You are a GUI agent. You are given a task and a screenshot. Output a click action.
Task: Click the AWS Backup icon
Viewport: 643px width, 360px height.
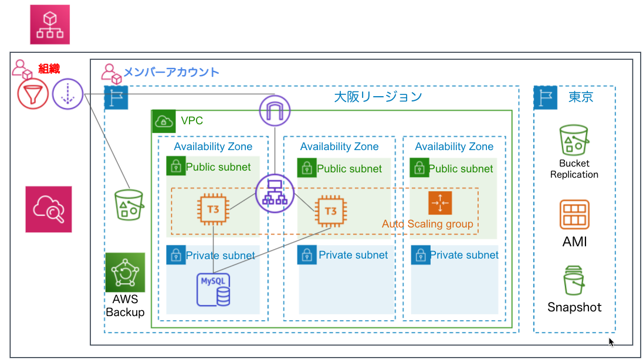[125, 272]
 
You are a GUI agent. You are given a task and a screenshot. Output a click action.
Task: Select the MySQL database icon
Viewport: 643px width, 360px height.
[213, 290]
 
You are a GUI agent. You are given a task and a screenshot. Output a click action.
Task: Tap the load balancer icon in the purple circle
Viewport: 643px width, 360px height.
[275, 193]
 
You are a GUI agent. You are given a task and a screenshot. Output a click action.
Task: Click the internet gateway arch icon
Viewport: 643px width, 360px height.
[275, 111]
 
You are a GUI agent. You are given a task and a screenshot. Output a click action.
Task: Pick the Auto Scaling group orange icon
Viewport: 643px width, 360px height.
[440, 202]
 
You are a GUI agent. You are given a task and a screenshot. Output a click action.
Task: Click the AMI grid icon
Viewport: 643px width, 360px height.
[574, 215]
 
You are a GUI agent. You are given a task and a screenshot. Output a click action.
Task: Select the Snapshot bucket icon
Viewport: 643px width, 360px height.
[574, 280]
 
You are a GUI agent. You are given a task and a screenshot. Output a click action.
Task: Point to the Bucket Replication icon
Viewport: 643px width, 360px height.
[574, 140]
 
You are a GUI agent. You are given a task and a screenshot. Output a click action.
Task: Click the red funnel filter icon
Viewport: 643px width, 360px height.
[33, 94]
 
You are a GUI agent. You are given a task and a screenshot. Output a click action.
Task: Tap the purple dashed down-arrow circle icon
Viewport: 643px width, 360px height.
[67, 94]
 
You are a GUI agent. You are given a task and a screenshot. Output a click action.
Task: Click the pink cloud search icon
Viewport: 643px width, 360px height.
[48, 209]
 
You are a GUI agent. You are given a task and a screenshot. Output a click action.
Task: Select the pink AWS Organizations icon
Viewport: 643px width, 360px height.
[50, 25]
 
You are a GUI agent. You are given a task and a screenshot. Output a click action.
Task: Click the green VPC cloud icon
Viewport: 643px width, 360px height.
[164, 121]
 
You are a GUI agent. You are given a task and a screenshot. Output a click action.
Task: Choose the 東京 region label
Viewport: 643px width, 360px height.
[581, 97]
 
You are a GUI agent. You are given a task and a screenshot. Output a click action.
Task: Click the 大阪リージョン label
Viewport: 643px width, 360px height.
[378, 97]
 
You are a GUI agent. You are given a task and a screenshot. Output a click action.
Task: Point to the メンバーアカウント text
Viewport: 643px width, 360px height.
[171, 72]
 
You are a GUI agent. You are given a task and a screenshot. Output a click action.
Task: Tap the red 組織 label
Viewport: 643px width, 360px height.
[49, 69]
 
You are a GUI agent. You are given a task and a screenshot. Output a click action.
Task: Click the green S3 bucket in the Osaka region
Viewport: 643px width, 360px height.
[128, 205]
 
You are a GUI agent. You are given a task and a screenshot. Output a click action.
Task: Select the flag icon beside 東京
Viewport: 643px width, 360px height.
[546, 97]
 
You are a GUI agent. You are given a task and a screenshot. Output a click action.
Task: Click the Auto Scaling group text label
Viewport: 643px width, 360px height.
[427, 224]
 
